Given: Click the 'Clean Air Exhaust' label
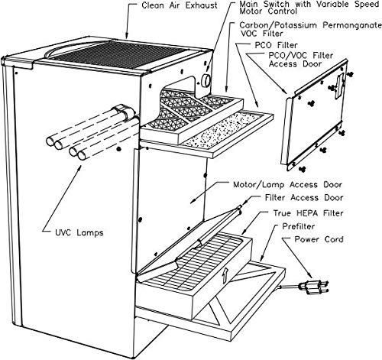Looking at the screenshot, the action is coord(180,5).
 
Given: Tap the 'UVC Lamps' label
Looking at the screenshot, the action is coord(79,232).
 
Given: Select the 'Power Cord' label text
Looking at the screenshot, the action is coord(319,239).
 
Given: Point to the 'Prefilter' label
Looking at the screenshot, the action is coord(299,226).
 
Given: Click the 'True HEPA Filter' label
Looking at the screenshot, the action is coord(308,213).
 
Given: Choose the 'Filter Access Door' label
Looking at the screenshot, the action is coord(304,198).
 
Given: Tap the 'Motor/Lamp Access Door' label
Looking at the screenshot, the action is coord(287,184).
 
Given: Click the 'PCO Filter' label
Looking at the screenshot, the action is coord(276,45).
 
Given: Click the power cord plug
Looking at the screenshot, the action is coord(315,287).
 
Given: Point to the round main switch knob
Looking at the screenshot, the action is coord(206,81).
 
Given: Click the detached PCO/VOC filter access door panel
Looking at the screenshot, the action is coord(315,115).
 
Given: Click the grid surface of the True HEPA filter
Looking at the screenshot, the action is coord(193,262).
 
